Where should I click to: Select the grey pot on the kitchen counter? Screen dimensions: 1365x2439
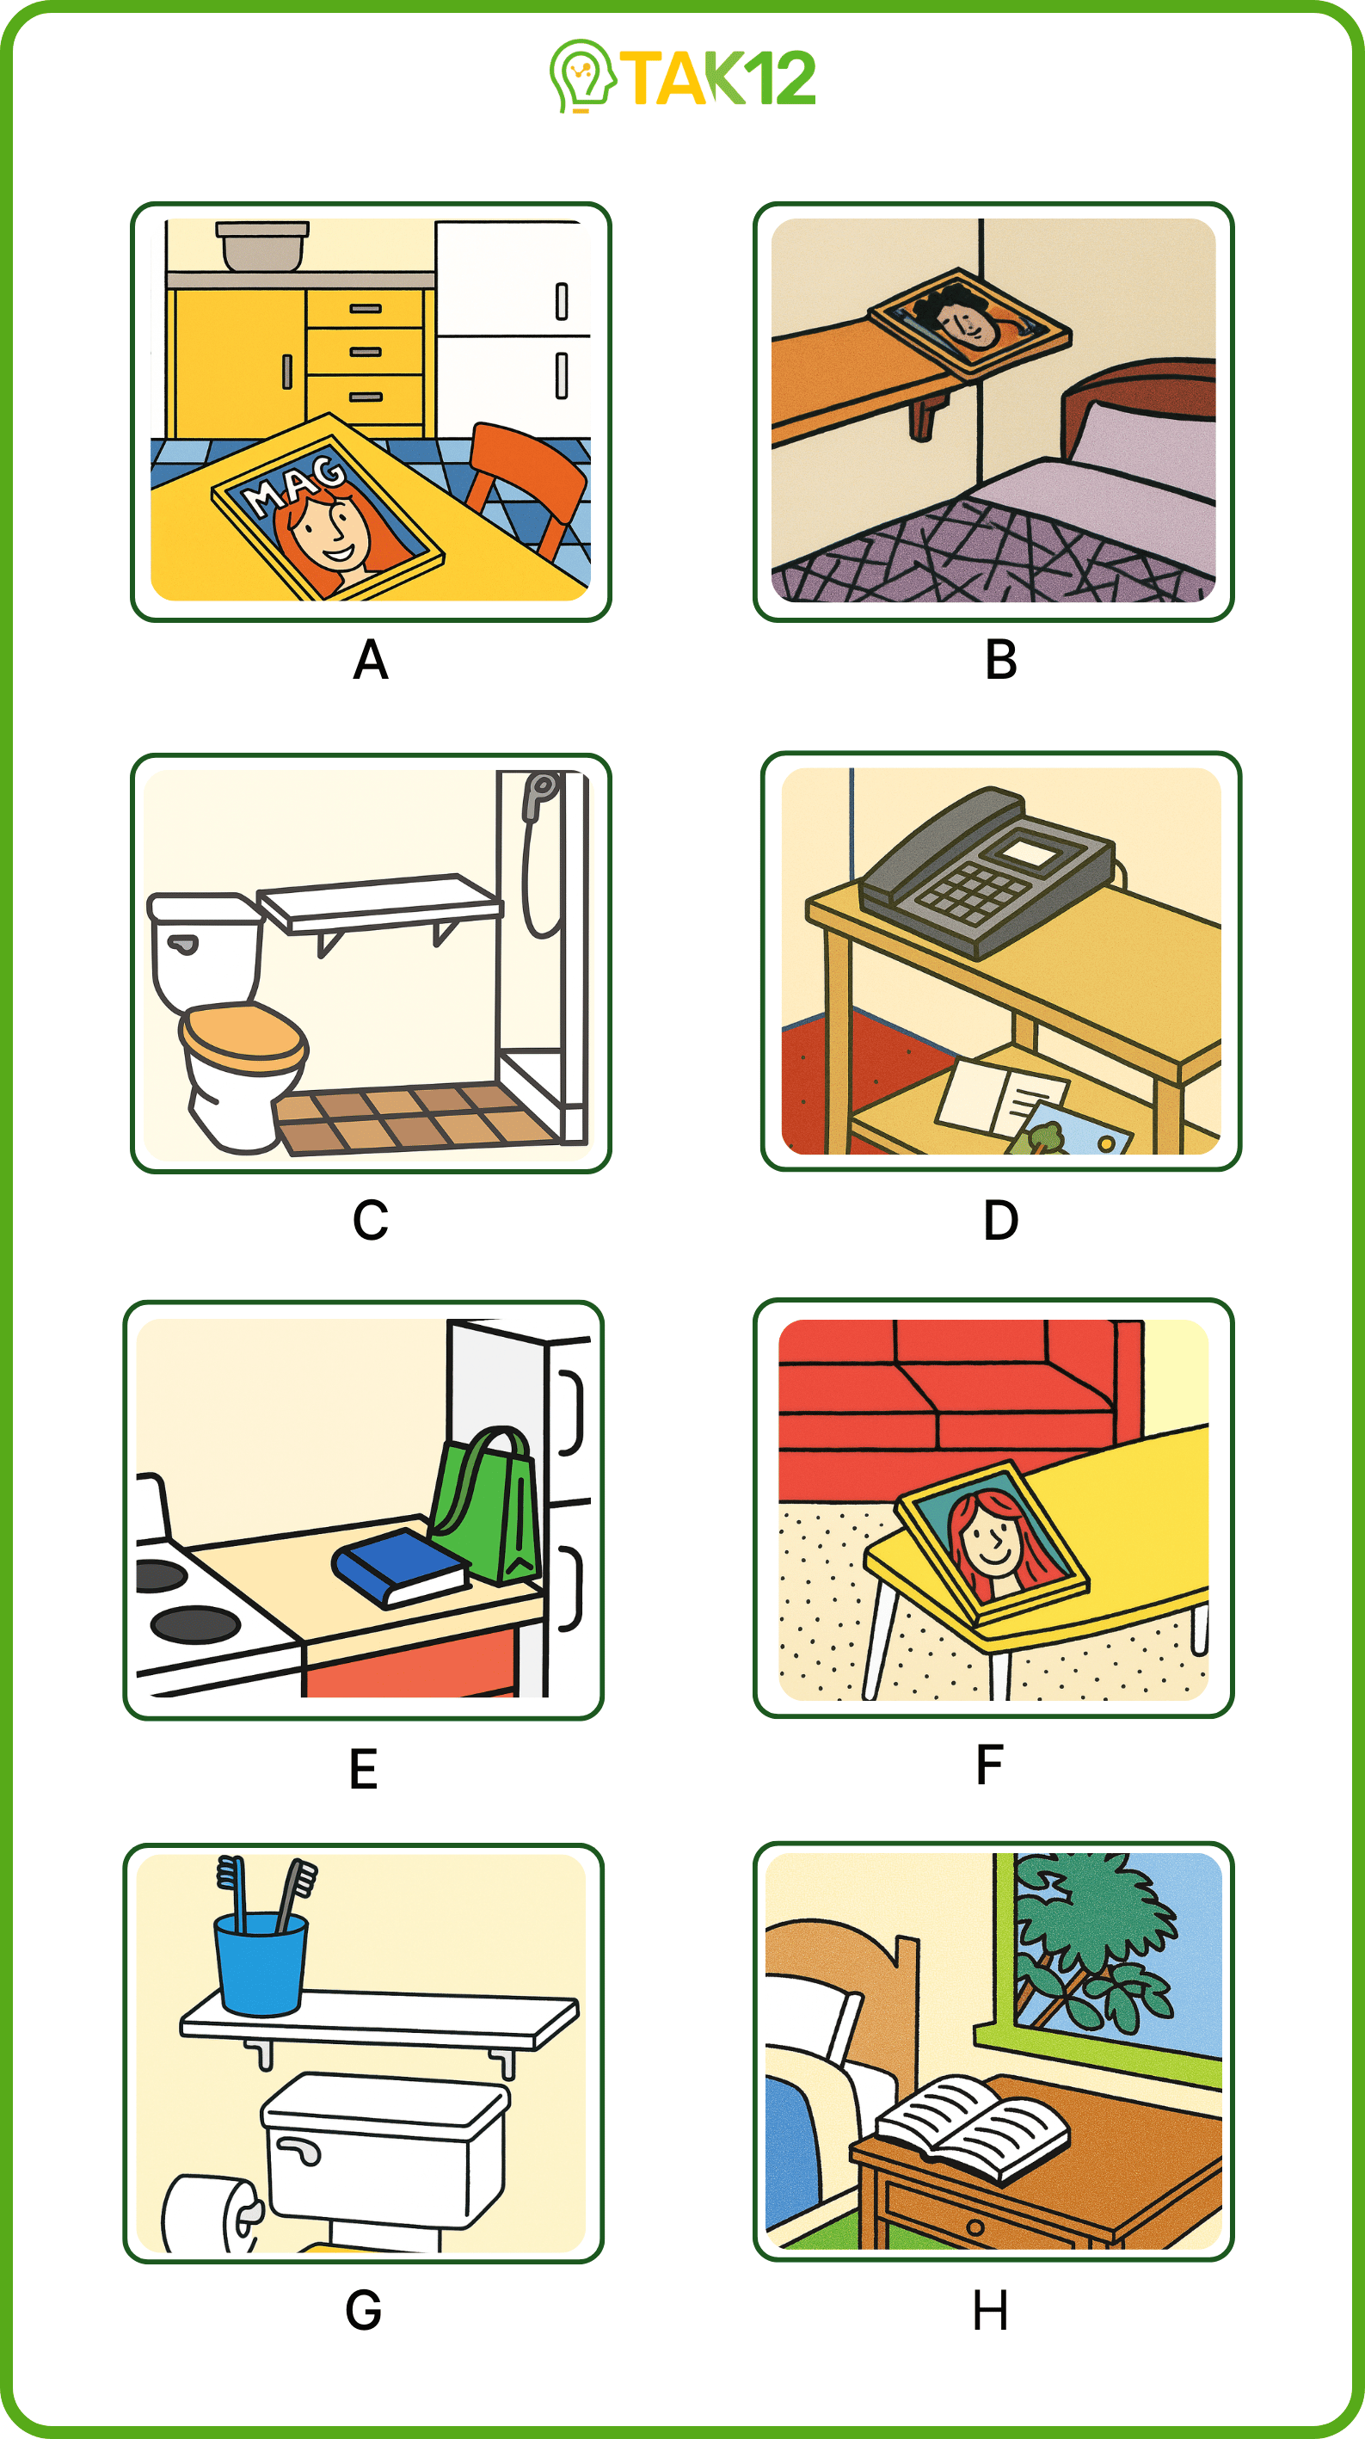click(262, 246)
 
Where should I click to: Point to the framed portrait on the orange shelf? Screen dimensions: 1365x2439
click(969, 323)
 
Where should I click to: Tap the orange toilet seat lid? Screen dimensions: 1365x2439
click(243, 1036)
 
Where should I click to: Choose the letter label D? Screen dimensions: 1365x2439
click(1000, 1221)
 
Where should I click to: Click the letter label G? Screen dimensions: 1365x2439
click(364, 2311)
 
